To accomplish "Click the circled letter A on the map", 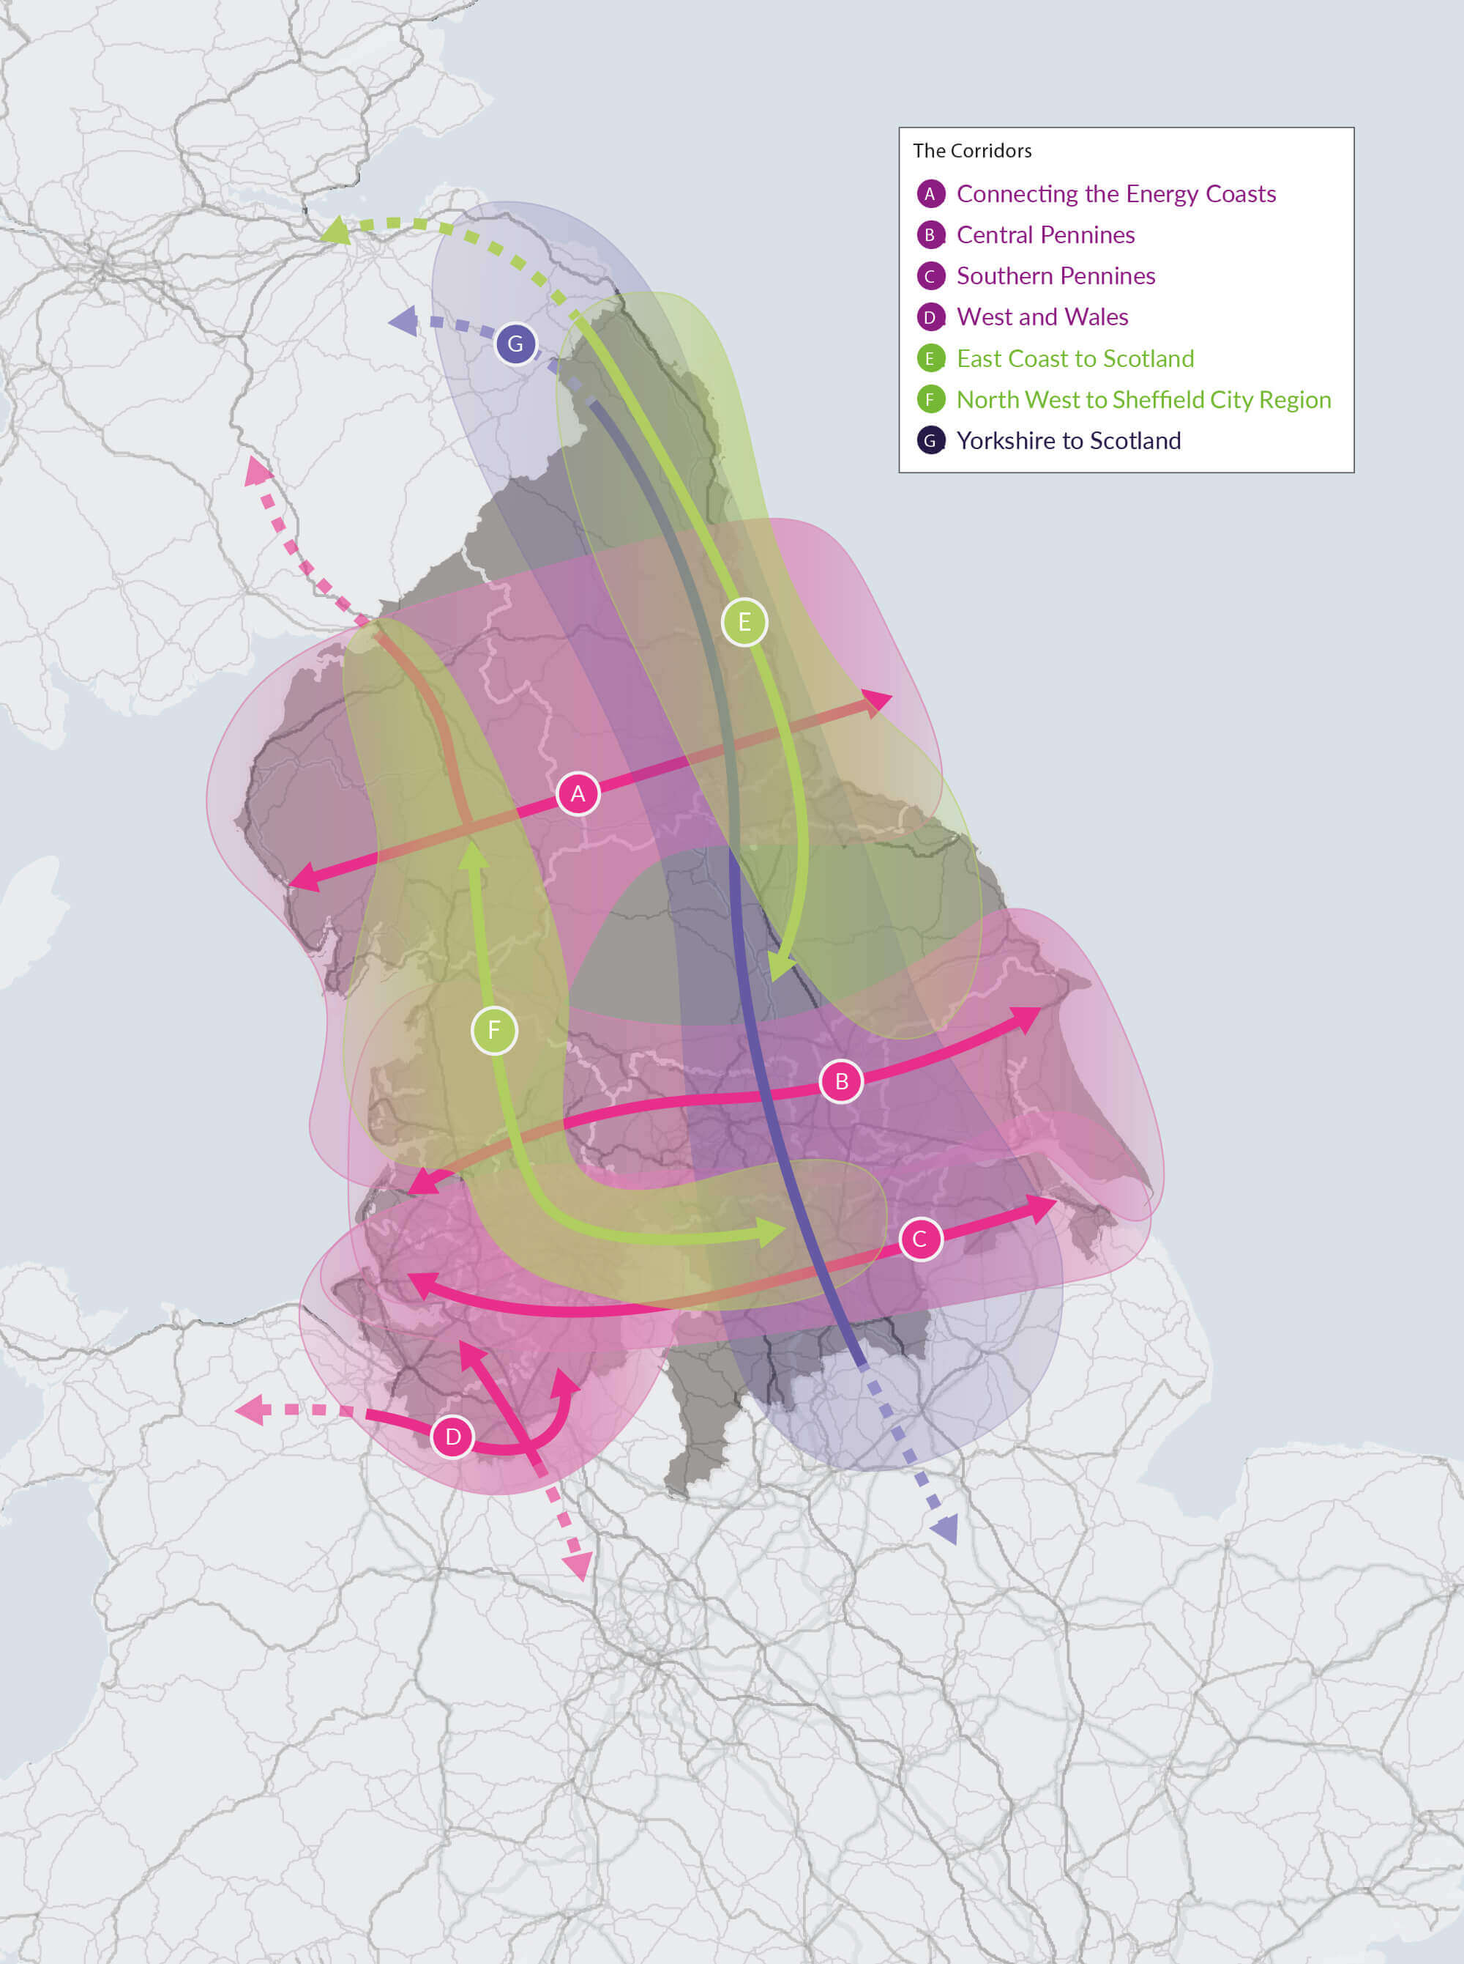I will coord(578,793).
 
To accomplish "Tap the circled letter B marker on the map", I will coord(841,1081).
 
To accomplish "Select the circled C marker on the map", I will coord(920,1239).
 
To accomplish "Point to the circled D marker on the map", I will coord(453,1437).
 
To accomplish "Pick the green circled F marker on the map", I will coord(495,1030).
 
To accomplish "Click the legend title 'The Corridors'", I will coord(972,151).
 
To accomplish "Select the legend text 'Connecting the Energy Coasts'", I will coord(1116,193).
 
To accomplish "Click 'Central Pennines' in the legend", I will coord(1046,235).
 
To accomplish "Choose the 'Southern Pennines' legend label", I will coord(1056,275).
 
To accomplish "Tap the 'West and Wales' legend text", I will coord(1042,316).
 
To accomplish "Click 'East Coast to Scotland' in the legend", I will coord(1075,358).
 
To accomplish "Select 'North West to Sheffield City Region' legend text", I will coord(1143,400).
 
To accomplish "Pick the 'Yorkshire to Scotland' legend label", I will coord(1068,441).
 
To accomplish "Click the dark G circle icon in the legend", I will coord(930,441).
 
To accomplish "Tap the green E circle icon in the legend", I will coord(930,358).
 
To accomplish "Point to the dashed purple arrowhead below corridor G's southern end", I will coord(946,1529).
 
